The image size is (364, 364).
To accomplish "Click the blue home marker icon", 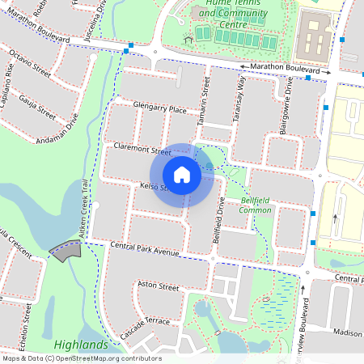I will (182, 175).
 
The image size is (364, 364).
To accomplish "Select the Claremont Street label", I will (143, 150).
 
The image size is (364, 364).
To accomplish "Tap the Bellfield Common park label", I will (256, 205).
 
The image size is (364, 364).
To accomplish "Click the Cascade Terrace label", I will (145, 327).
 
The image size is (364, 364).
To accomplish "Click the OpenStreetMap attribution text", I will (81, 358).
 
